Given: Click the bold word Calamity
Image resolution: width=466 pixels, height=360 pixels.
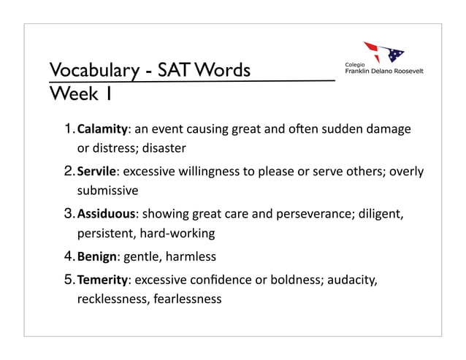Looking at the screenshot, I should pyautogui.click(x=102, y=130).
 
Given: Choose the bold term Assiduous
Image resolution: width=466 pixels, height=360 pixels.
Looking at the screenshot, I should pyautogui.click(x=107, y=215).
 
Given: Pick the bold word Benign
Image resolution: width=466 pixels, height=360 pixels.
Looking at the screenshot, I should pyautogui.click(x=97, y=257).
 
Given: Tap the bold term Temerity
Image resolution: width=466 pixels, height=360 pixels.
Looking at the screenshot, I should pyautogui.click(x=104, y=279).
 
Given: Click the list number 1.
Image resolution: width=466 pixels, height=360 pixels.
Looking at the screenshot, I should pyautogui.click(x=68, y=130).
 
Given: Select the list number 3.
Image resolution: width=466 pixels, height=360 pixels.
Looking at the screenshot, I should pyautogui.click(x=68, y=215).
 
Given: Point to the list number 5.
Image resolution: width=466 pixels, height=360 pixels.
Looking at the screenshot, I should pyautogui.click(x=68, y=279).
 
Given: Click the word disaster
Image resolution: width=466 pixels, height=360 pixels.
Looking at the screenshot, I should pyautogui.click(x=164, y=149).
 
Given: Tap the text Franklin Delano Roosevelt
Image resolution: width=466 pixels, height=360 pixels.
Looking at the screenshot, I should pyautogui.click(x=383, y=72).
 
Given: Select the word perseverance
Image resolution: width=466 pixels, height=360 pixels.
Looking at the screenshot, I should pyautogui.click(x=294, y=215).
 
